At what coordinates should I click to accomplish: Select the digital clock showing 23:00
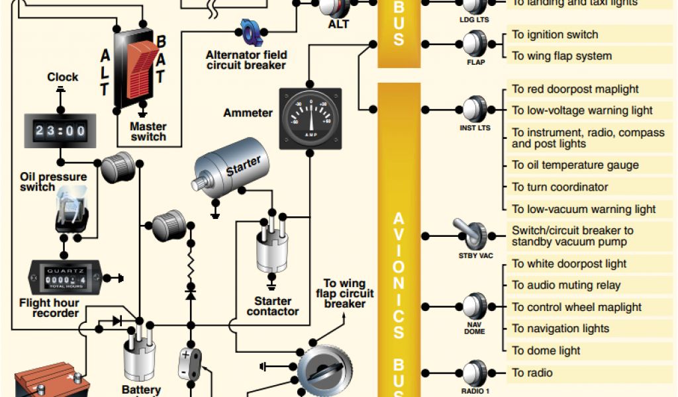60,130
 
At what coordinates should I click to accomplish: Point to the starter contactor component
271,248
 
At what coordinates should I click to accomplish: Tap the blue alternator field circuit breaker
251,30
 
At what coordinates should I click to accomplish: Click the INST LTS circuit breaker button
475,109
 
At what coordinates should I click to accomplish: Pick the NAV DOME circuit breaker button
475,306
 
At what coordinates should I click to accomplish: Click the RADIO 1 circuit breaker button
475,373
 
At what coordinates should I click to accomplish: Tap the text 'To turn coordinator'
560,187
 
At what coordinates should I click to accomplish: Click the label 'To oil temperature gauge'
575,165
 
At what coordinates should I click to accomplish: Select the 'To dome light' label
546,351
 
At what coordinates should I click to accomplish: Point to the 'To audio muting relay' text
566,285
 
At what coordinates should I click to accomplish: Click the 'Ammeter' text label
248,113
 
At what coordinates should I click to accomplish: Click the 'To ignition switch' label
555,35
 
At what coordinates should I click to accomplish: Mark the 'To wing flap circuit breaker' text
345,293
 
